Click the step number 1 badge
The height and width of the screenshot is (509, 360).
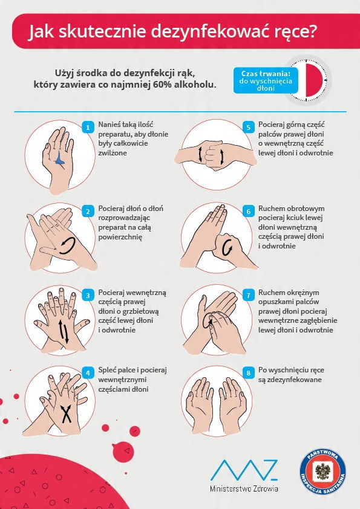pos(87,127)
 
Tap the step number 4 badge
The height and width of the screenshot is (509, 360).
pos(87,373)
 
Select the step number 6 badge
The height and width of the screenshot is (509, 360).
pos(248,212)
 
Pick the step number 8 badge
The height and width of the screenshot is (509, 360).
pos(248,373)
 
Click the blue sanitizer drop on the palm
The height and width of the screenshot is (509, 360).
pos(60,158)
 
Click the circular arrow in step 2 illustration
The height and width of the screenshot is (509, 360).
pos(67,245)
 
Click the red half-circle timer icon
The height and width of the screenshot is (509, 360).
pos(315,80)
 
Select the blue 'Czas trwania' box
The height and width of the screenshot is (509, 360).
pos(266,80)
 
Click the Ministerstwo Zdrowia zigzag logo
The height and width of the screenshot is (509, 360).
pos(244,470)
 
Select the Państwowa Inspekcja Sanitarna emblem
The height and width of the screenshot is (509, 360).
pos(322,472)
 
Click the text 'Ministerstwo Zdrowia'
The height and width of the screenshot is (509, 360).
pos(244,488)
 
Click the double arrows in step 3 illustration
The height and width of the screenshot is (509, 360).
pos(64,331)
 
